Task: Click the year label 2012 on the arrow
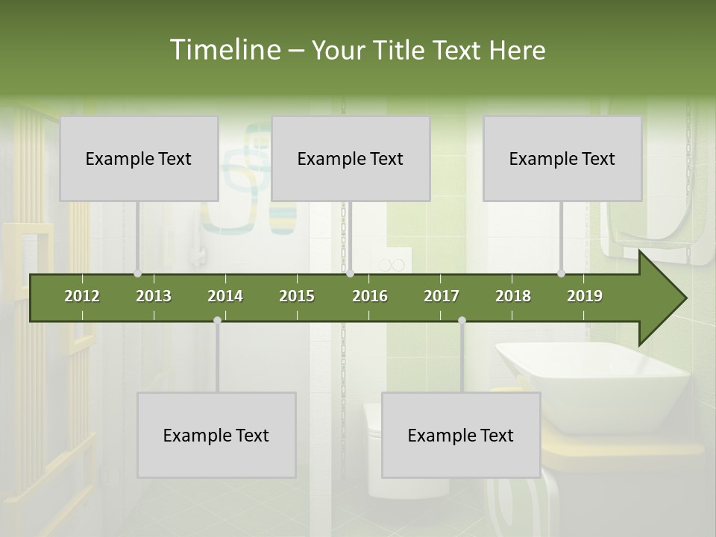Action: point(82,296)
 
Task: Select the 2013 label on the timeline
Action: point(154,296)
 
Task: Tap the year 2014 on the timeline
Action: point(225,296)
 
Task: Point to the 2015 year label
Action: point(297,296)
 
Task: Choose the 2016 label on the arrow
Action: point(370,296)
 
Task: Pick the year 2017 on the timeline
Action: point(442,296)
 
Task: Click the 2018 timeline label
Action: point(513,296)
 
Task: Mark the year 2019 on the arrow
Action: point(585,296)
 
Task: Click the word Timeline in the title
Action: point(224,50)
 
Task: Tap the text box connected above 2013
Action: point(139,158)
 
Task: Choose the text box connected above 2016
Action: point(351,158)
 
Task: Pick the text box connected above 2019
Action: point(562,158)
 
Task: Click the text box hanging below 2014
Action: point(216,435)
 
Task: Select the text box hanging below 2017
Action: point(461,435)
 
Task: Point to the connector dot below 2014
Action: point(217,321)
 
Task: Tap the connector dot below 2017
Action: point(462,321)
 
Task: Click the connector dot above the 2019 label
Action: point(562,273)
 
